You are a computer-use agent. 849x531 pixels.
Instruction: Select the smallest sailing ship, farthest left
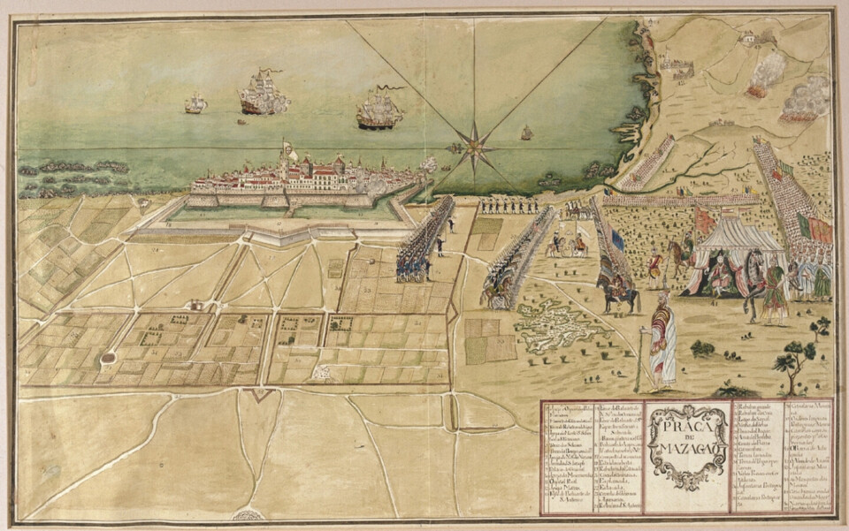click(x=195, y=104)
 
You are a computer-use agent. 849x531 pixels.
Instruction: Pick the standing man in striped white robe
click(x=662, y=340)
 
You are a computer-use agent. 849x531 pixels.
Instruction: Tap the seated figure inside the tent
click(x=718, y=274)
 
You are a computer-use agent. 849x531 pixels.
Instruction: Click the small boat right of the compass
click(x=527, y=133)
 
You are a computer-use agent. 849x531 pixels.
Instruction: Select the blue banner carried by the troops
click(x=616, y=237)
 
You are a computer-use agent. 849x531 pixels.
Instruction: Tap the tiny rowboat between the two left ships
click(x=241, y=122)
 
